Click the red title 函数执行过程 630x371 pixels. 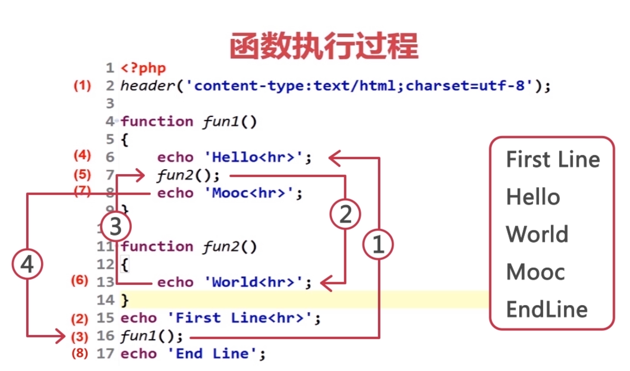(324, 46)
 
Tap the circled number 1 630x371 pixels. (378, 244)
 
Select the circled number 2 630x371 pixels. (345, 214)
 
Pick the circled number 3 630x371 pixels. (116, 227)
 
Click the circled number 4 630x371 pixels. (27, 264)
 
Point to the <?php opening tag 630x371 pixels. (143, 68)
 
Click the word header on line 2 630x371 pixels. (147, 86)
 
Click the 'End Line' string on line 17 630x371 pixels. (212, 354)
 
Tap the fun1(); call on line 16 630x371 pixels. (151, 336)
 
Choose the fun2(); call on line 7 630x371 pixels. (188, 175)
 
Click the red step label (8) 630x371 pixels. (80, 353)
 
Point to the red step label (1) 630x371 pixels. (82, 86)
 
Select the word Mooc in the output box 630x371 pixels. (535, 272)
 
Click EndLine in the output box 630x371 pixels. (546, 309)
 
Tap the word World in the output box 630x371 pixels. (537, 234)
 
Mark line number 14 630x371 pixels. (105, 300)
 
